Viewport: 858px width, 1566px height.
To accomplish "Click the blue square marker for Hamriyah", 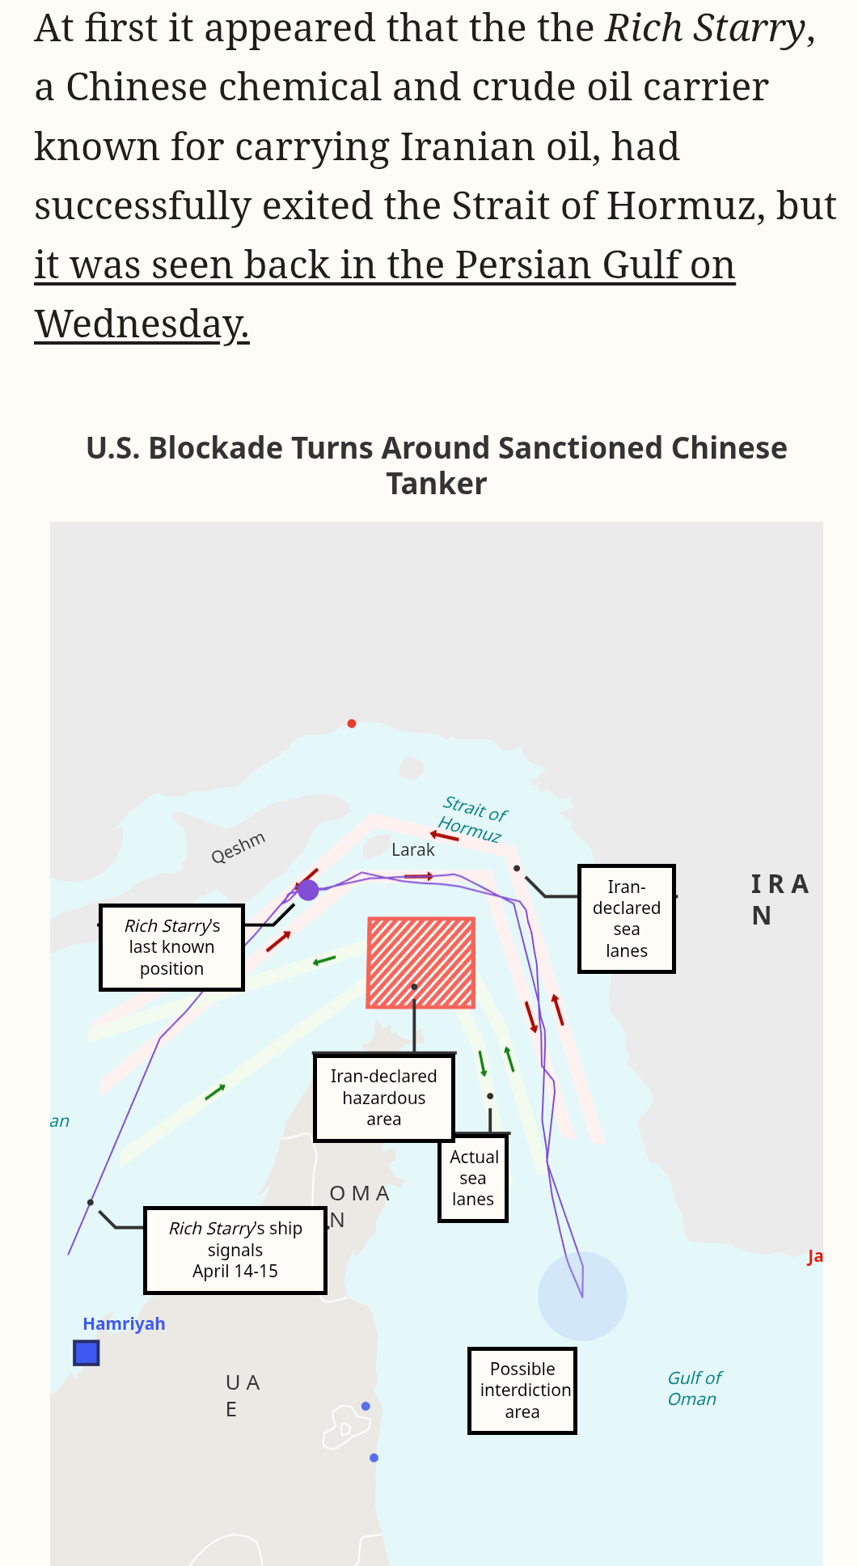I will tap(87, 1352).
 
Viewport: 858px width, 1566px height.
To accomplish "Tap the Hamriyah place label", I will tap(124, 1323).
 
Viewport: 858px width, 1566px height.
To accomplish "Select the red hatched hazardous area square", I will tap(421, 962).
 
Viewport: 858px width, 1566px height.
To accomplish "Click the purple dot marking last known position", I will tap(308, 890).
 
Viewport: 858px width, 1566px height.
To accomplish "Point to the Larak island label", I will tap(412, 849).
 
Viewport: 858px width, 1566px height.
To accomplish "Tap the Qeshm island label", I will tap(238, 847).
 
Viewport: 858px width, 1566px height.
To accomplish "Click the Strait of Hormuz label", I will tap(473, 818).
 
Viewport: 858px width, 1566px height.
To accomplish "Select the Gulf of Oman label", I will tap(694, 1388).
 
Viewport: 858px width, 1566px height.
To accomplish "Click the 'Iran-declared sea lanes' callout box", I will tap(627, 919).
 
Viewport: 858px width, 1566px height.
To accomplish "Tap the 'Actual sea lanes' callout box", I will tap(473, 1178).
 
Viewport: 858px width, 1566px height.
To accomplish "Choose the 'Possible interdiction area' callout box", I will tap(522, 1390).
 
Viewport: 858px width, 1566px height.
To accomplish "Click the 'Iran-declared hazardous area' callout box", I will tap(383, 1098).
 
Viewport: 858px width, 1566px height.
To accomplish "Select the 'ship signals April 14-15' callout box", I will tap(235, 1250).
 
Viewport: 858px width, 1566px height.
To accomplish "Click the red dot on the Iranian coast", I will tap(352, 723).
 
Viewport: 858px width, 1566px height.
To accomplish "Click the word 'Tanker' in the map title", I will tap(437, 484).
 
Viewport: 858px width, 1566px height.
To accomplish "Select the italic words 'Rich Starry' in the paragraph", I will tap(705, 28).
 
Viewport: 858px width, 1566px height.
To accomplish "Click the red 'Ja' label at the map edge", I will tap(815, 1256).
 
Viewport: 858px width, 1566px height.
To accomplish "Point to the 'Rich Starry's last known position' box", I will tap(171, 947).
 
